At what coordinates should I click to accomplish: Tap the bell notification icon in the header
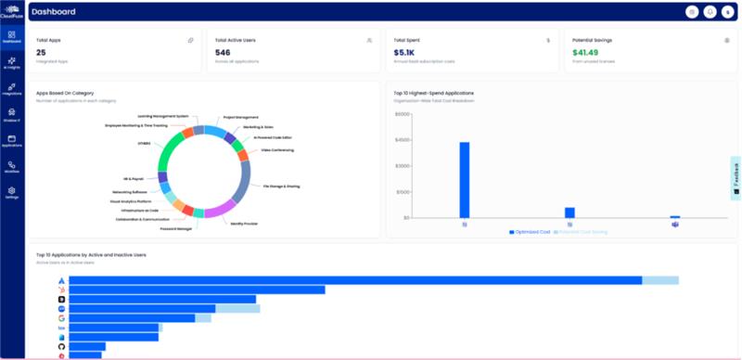710,12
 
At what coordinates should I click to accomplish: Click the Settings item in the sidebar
12,192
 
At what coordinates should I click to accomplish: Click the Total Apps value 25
41,53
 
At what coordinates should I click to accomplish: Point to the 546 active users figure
223,53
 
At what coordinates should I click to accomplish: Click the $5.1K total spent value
403,53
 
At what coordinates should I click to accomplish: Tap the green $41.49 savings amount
585,53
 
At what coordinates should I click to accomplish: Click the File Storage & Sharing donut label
281,186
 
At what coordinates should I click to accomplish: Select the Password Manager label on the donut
176,228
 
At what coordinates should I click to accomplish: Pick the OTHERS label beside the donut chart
143,143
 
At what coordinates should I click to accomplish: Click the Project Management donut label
240,118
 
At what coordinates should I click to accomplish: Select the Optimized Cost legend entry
530,231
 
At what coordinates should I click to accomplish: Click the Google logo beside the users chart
60,317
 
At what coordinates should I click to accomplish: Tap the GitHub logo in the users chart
60,346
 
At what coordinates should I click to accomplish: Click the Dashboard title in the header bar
53,12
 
